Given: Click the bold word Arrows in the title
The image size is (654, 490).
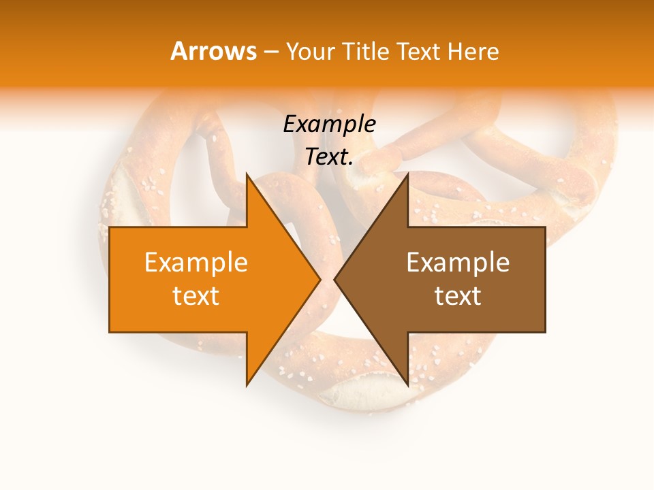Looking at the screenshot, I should click(x=214, y=51).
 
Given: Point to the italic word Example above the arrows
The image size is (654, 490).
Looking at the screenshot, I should click(x=329, y=125).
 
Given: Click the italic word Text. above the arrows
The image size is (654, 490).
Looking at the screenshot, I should click(x=329, y=157).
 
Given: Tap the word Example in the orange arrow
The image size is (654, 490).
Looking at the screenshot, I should click(x=196, y=263).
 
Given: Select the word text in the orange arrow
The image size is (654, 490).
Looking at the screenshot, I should click(x=196, y=296).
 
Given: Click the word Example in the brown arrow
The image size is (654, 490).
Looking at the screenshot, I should click(x=458, y=263).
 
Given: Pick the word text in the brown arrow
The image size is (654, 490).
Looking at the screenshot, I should click(x=458, y=296).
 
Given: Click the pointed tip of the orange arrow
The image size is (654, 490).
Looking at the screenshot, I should click(x=320, y=279).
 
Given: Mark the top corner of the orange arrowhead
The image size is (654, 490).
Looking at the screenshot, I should click(x=247, y=174).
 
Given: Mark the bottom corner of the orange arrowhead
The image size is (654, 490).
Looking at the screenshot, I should click(x=247, y=385).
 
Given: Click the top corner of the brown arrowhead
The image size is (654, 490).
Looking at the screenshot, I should click(x=407, y=174).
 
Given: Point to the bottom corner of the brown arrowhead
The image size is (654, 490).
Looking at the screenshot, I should click(x=407, y=385).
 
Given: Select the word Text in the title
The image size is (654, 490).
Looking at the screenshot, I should click(x=419, y=52).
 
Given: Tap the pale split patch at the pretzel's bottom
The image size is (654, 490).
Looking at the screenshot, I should click(x=364, y=393).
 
